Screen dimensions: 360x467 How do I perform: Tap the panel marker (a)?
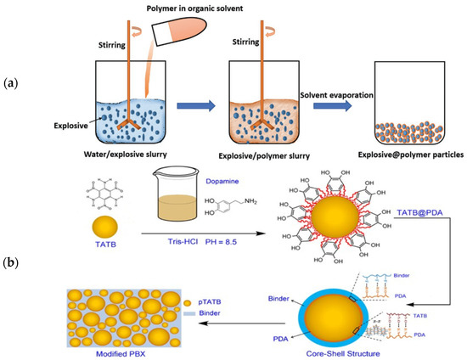(x=12, y=83)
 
